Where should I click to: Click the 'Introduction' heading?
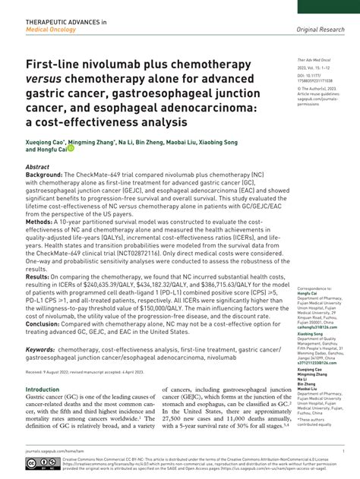tap(43, 389)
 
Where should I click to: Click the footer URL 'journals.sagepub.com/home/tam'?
tap(56, 450)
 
